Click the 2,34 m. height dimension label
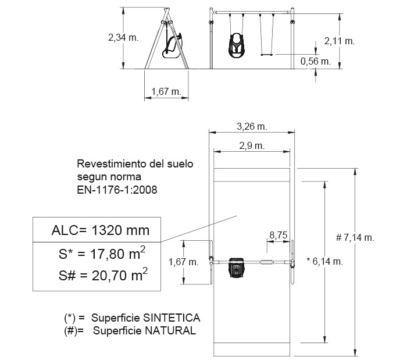click(x=123, y=38)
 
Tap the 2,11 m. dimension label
click(x=339, y=41)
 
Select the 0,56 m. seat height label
click(x=316, y=62)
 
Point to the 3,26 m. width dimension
click(x=252, y=126)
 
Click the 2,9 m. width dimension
click(x=252, y=146)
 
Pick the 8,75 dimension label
click(x=279, y=235)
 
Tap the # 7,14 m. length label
click(x=355, y=237)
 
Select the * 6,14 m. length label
click(x=324, y=261)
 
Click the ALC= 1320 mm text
click(x=101, y=230)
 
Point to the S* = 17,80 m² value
click(x=102, y=253)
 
